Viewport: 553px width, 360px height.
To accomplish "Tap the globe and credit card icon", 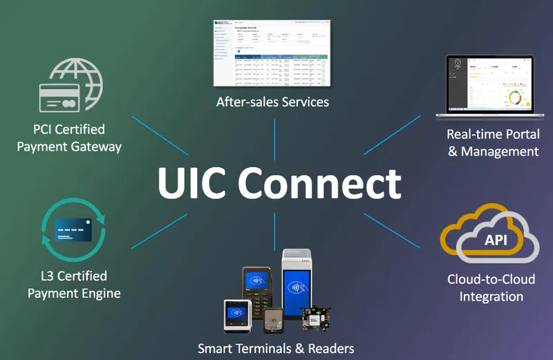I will tap(73, 86).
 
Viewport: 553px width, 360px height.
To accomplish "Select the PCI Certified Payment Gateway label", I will tap(69, 138).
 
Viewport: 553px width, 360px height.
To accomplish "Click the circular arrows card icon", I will tap(73, 231).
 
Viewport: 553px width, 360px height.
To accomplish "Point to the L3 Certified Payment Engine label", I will tap(74, 285).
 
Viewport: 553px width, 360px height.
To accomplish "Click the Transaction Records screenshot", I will tap(272, 54).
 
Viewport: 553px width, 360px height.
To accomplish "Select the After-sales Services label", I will tap(272, 102).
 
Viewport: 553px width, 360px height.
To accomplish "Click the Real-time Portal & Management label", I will tap(493, 142).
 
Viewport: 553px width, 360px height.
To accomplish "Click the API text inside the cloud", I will tap(490, 239).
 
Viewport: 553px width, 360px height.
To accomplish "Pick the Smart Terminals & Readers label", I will tap(276, 348).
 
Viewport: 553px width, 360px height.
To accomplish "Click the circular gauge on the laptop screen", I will tap(514, 97).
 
